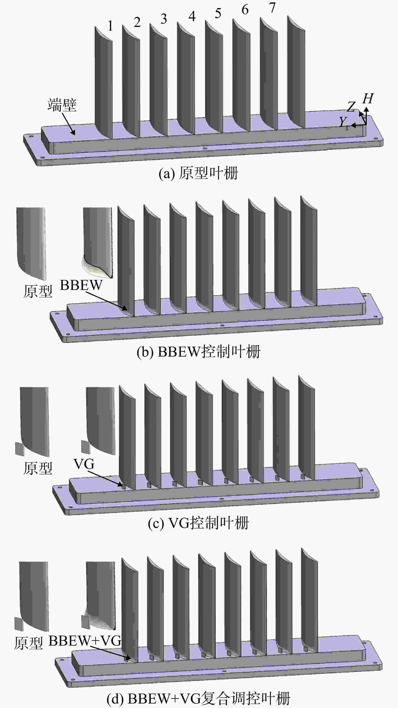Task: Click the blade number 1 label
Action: coord(110,26)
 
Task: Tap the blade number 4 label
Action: coord(192,16)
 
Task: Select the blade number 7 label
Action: coord(272,8)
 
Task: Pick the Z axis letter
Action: coord(351,107)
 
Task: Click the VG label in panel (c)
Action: coord(84,464)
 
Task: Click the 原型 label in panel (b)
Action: coord(38,291)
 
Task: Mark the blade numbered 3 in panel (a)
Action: coord(159,80)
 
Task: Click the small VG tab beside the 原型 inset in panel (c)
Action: coord(20,449)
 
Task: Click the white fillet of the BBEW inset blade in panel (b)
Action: coord(93,270)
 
